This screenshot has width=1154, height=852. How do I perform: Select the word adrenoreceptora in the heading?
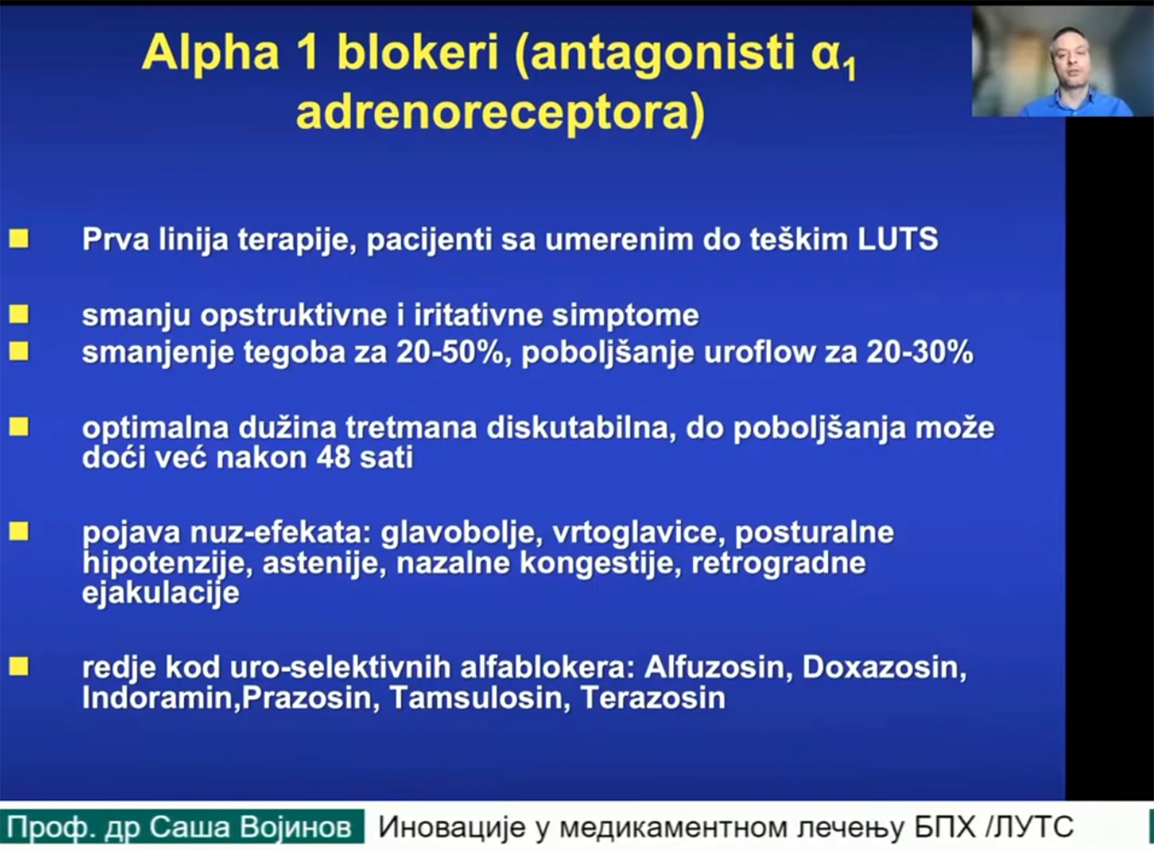coord(500,114)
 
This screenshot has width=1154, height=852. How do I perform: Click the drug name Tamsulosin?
coord(477,698)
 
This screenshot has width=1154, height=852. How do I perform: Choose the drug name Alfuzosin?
coord(714,668)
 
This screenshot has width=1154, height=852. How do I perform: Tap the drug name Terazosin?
coord(653,698)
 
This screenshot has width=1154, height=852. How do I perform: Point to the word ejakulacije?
coord(160,593)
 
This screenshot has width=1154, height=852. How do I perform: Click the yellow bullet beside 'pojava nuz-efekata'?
coord(19,532)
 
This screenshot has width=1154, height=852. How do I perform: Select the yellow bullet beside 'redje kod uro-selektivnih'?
coord(19,667)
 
